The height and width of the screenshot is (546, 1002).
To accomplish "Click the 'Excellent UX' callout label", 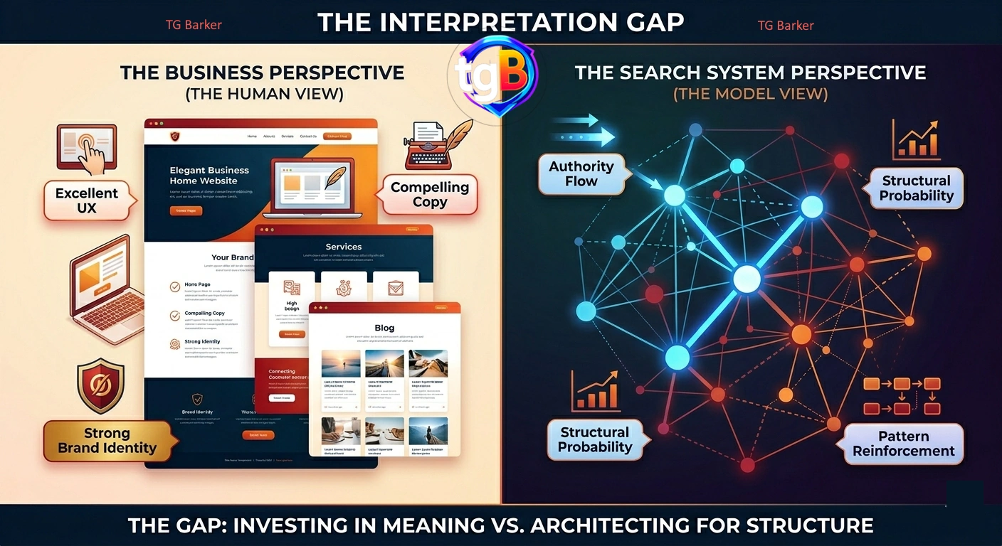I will click(87, 200).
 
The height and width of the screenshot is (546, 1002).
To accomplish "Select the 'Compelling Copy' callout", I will click(429, 194).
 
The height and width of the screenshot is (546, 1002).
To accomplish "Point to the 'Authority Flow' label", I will click(581, 173).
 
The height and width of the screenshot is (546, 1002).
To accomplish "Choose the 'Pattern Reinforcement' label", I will click(903, 444).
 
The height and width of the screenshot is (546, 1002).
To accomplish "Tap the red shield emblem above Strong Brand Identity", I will click(100, 385).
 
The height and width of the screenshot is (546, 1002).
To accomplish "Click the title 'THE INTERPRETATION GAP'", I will click(500, 22).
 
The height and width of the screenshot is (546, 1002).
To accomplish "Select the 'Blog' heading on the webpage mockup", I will click(384, 328).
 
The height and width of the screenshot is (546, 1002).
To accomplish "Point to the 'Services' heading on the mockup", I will click(344, 247).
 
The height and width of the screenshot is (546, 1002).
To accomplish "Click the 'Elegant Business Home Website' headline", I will click(209, 176).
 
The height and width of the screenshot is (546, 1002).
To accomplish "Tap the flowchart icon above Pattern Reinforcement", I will click(902, 395).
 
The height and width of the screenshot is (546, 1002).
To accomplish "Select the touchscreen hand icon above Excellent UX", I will click(87, 149).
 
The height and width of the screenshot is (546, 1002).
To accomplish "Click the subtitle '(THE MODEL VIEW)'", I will click(750, 94).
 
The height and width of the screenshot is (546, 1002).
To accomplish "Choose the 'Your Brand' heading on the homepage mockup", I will click(232, 257).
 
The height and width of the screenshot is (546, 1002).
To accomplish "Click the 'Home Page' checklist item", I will click(197, 284).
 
